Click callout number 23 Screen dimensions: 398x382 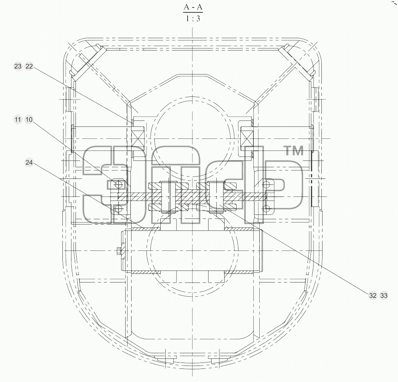pyautogui.click(x=18, y=66)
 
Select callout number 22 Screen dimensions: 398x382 pyautogui.click(x=29, y=66)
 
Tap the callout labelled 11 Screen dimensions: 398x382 pyautogui.click(x=18, y=119)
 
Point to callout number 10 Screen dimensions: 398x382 pyautogui.click(x=29, y=119)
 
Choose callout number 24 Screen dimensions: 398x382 pyautogui.click(x=29, y=162)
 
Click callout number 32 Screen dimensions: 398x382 pyautogui.click(x=373, y=295)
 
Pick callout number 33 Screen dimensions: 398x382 pyautogui.click(x=384, y=295)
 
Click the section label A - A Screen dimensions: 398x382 pyautogui.click(x=193, y=7)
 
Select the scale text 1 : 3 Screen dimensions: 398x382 pyautogui.click(x=193, y=18)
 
